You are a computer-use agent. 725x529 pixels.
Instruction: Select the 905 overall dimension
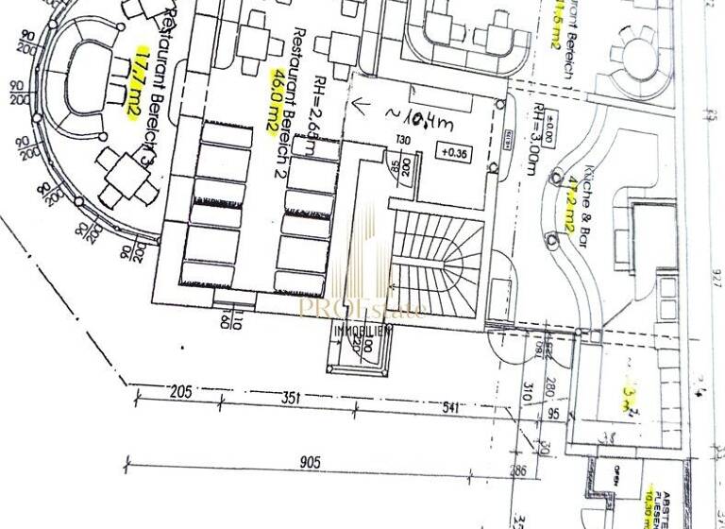pos(312,463)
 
